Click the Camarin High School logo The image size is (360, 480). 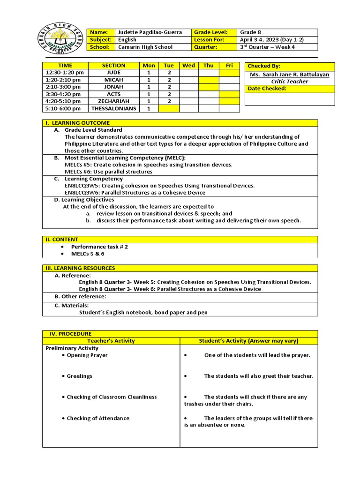61,41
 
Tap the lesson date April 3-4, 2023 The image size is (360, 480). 271,40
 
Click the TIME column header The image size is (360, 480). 65,66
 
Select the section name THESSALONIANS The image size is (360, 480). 114,108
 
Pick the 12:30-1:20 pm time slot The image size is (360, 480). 65,73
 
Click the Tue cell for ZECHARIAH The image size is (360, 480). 169,101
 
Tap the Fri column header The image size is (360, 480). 229,66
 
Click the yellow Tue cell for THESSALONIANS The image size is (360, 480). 169,108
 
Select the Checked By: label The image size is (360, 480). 264,66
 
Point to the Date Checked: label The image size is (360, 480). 267,89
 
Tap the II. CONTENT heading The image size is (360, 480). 62,240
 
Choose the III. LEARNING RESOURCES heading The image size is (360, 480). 80,268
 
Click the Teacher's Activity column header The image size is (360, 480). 111,341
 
